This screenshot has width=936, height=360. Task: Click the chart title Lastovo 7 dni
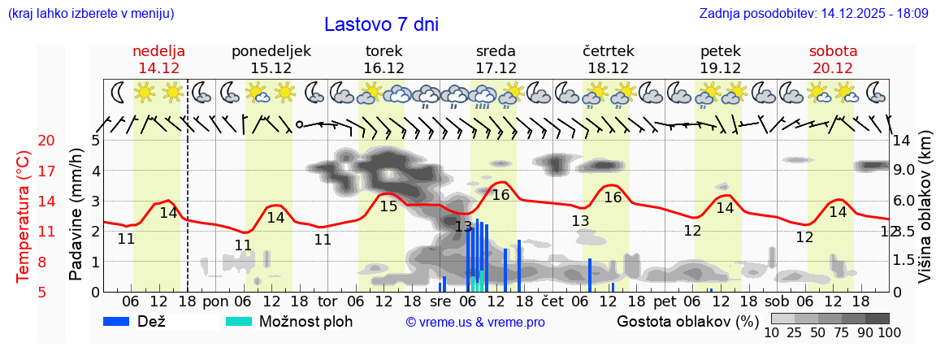pyautogui.click(x=381, y=24)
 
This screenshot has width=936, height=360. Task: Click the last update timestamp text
pyautogui.click(x=813, y=14)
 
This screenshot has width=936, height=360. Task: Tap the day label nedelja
pyautogui.click(x=159, y=51)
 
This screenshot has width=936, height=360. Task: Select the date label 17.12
pyautogui.click(x=496, y=68)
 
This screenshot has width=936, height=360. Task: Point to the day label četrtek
pyautogui.click(x=609, y=51)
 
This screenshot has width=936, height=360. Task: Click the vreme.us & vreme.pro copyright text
pyautogui.click(x=475, y=323)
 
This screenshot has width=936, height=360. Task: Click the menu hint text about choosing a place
pyautogui.click(x=90, y=14)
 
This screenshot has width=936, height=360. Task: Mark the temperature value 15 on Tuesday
pyautogui.click(x=388, y=206)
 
